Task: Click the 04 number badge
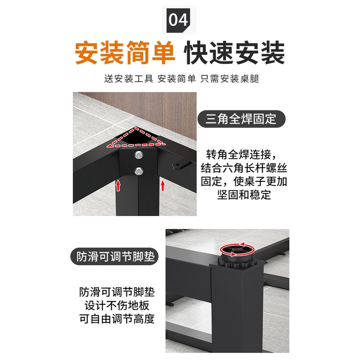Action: click(x=178, y=20)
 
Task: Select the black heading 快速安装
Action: click(x=234, y=53)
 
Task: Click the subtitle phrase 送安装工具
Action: click(x=129, y=79)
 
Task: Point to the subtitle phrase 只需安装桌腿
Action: click(x=229, y=79)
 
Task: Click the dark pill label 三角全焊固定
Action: click(x=241, y=119)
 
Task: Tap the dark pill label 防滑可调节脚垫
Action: click(x=115, y=256)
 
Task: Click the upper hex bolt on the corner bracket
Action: click(x=139, y=155)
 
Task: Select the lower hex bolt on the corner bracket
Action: click(x=139, y=171)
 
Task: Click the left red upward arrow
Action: click(x=118, y=185)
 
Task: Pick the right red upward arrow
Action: click(x=163, y=185)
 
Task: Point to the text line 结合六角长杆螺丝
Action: click(x=244, y=168)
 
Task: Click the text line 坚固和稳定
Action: click(x=244, y=195)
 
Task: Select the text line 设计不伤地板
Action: click(x=117, y=306)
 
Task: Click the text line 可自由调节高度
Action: click(x=117, y=319)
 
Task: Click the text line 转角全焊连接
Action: click(x=241, y=155)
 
